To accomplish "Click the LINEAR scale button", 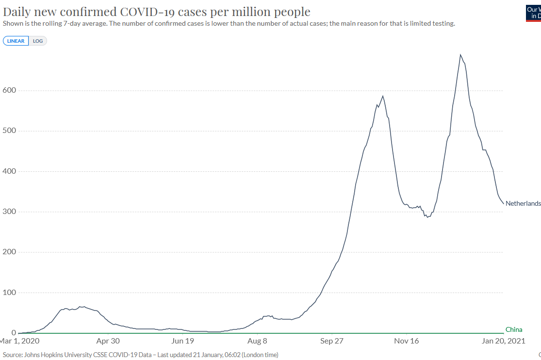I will (x=16, y=41).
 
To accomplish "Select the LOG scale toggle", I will (x=38, y=41).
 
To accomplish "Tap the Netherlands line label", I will (x=523, y=203).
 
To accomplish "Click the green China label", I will (x=514, y=329).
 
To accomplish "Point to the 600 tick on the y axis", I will (x=10, y=90).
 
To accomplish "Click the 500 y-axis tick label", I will (x=10, y=131).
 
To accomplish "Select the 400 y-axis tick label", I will (x=10, y=171).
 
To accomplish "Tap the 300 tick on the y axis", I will (x=10, y=212).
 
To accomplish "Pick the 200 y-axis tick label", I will (x=10, y=252).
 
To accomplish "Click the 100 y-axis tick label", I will (x=10, y=293).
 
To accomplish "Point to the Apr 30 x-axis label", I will (x=108, y=341).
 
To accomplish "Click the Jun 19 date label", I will (x=183, y=341).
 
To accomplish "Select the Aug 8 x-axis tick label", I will (x=258, y=341).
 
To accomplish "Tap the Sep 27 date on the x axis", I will (x=332, y=341).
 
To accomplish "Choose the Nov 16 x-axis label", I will (x=407, y=341).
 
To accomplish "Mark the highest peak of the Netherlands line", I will (x=460, y=55).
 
